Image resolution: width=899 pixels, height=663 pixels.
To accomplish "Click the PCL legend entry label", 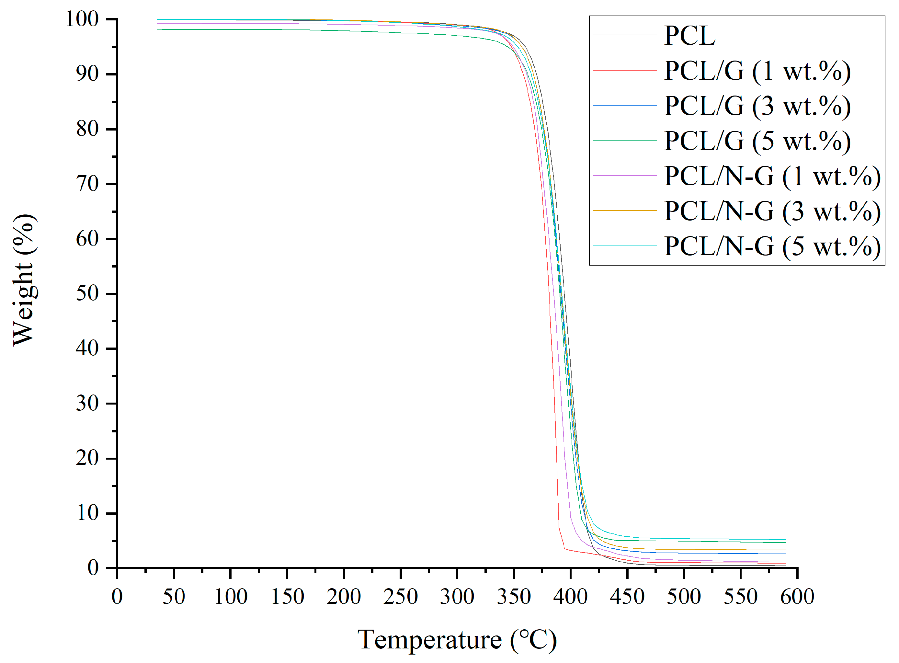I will (689, 36).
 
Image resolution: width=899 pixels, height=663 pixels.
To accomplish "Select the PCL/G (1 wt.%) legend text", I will (757, 71).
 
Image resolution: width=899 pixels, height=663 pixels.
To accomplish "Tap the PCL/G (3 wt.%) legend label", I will (757, 106).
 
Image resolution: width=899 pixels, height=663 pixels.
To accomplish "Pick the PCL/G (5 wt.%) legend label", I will (757, 141).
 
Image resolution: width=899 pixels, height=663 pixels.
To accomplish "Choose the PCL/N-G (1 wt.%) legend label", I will (772, 176).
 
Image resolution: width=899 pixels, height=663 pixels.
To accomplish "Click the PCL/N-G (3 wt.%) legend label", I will (772, 211).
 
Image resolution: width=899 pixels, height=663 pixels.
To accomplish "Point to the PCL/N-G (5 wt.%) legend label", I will (772, 246).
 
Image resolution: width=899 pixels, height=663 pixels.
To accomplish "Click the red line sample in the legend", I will (625, 70).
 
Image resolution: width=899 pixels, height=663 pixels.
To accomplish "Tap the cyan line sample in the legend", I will (625, 245).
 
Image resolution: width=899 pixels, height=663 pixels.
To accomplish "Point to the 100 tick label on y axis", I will (82, 19).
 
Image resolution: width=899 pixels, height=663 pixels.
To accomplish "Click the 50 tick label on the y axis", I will (87, 293).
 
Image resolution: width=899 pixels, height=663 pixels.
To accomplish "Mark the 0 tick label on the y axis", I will (93, 568).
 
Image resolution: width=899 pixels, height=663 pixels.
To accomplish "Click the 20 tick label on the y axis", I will (87, 458).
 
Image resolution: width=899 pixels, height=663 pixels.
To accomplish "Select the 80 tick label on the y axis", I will (87, 129).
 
